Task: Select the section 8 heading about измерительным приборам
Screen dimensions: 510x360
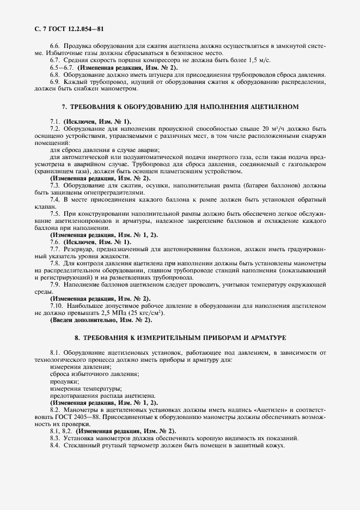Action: click(180, 338)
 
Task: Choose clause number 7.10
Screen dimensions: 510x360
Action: click(57, 306)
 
